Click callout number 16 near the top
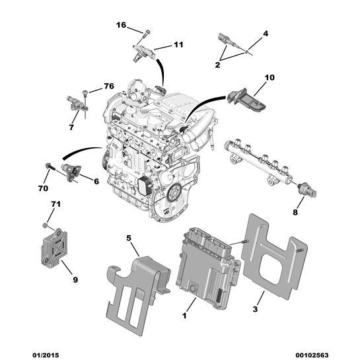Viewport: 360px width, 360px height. point(122,25)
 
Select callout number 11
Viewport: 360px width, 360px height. point(178,44)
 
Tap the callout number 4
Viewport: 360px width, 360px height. point(265,34)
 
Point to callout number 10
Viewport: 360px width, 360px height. point(270,77)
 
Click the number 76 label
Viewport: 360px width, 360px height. point(109,86)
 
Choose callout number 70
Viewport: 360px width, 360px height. point(43,188)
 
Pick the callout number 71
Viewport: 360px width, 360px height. point(55,204)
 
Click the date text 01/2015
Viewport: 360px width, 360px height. point(46,355)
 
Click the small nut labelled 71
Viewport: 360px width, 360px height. point(46,225)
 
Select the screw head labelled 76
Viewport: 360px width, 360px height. point(85,92)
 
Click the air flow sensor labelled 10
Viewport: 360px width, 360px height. point(247,100)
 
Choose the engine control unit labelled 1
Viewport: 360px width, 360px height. point(208,268)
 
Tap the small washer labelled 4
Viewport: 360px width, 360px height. point(246,52)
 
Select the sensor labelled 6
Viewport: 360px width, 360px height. point(71,172)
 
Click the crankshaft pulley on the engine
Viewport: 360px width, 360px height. point(174,193)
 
